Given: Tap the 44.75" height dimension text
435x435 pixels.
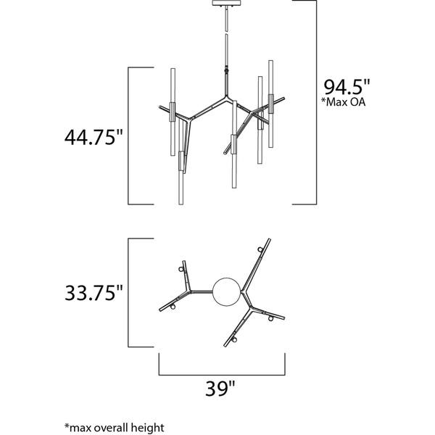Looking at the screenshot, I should pos(89,136).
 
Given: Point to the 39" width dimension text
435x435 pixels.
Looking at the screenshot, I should pos(222,389).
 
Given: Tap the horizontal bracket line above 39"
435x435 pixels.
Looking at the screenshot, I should pos(222,374).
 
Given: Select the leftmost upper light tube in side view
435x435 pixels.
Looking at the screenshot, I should pos(173,91).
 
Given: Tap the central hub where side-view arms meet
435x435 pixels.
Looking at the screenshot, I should pos(225,97).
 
